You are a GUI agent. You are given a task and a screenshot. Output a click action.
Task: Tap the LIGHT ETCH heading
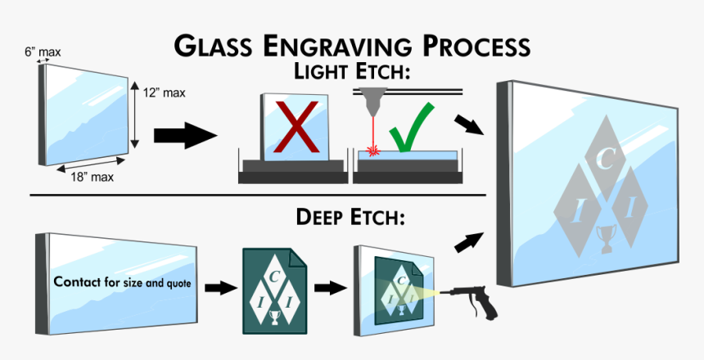[x=351, y=72]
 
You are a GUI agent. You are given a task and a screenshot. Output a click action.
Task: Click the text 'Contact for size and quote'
[x=122, y=282]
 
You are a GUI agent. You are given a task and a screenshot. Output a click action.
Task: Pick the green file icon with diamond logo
[x=275, y=289]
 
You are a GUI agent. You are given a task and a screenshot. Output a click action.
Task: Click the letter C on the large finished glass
[x=604, y=159]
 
